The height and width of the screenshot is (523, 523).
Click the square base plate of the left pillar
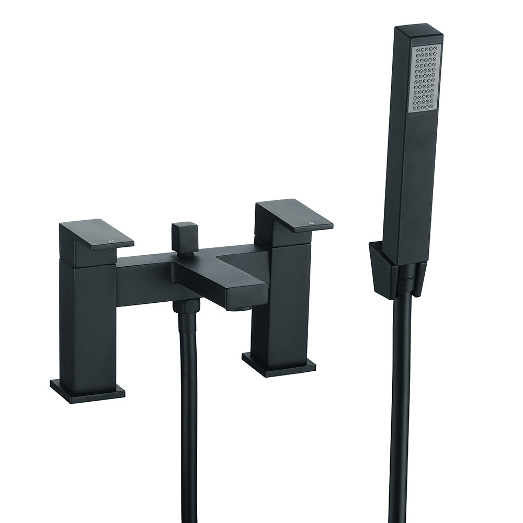coord(88,389)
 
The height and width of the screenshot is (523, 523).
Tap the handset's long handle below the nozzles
coord(416,183)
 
